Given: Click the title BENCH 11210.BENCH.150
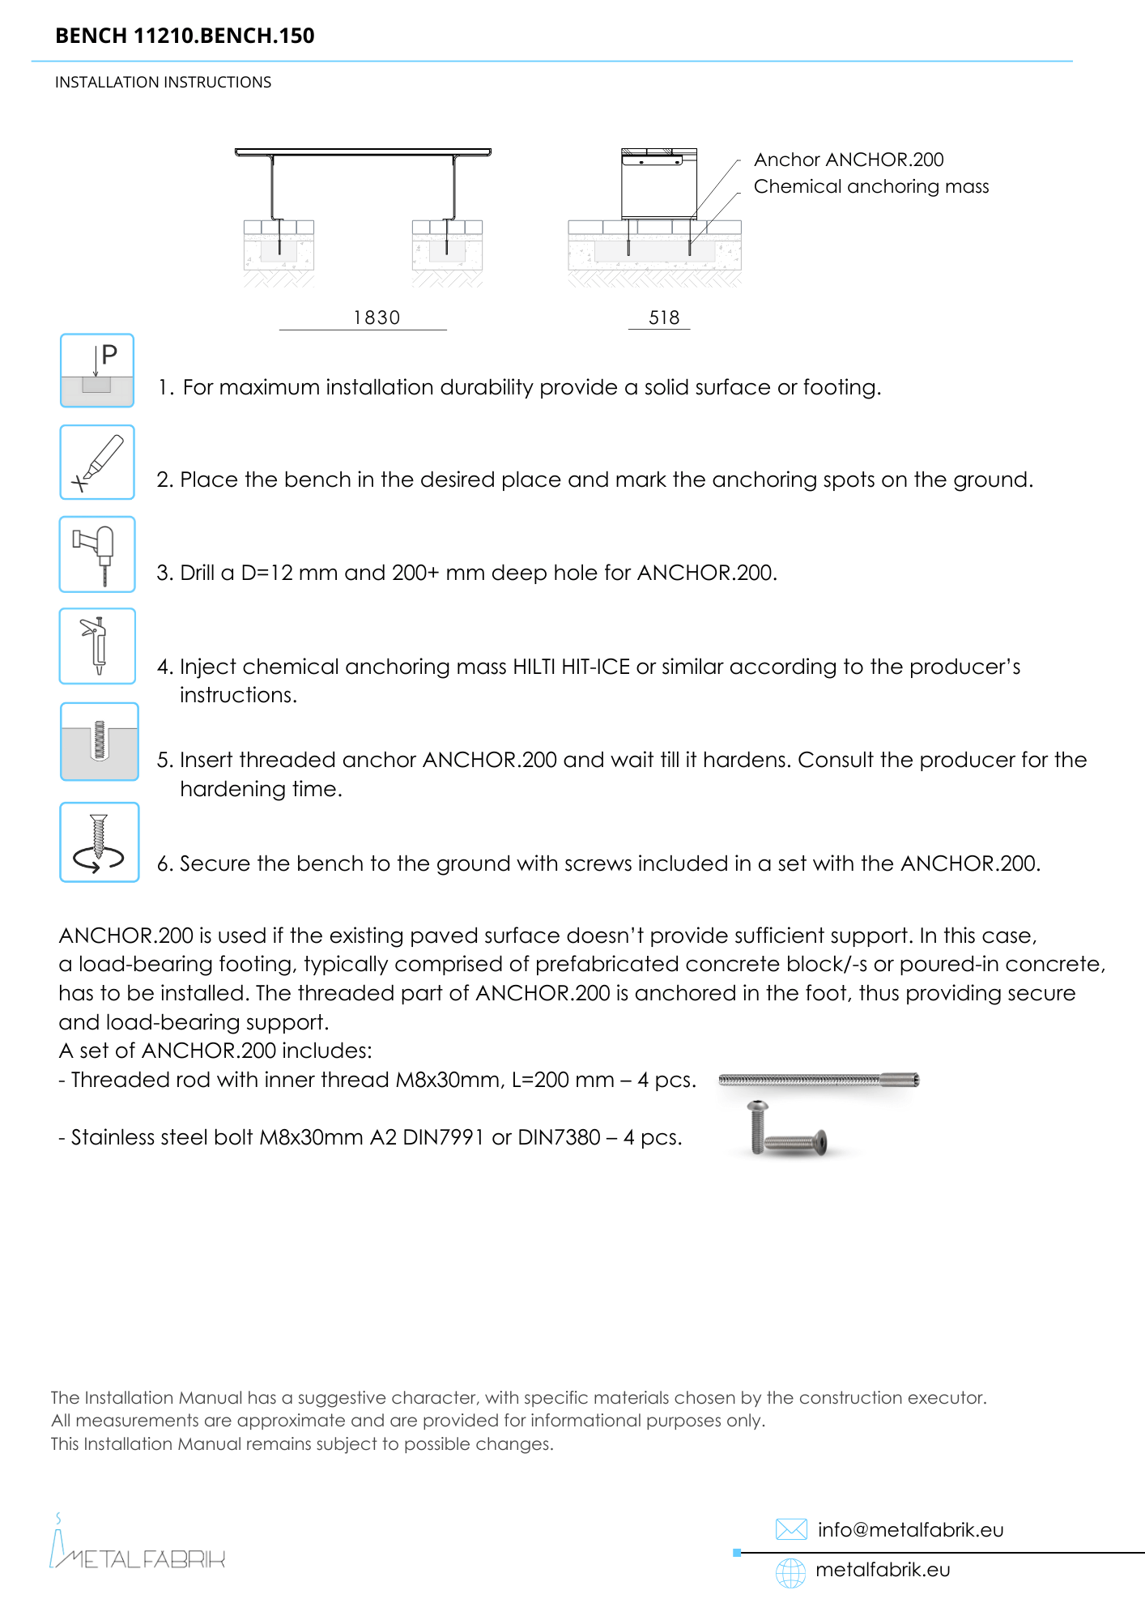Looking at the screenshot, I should [x=185, y=36].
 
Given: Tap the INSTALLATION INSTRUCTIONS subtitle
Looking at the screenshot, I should [x=163, y=83].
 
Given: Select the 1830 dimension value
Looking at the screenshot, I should [x=377, y=318].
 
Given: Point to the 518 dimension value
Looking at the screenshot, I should [x=664, y=318].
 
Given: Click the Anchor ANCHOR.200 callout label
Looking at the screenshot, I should [x=849, y=160].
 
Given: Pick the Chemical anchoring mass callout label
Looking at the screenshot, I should [x=871, y=186].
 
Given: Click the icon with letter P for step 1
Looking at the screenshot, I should [x=97, y=370].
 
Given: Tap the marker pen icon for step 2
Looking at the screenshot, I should [x=97, y=463].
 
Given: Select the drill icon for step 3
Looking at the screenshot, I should [x=97, y=554].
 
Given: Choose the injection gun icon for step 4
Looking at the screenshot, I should [x=97, y=646].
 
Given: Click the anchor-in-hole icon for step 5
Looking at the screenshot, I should [x=100, y=741].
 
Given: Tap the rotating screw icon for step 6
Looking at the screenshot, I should [x=100, y=842].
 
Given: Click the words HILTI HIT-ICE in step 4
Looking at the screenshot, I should [x=571, y=667].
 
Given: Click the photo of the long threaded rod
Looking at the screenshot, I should [x=819, y=1080].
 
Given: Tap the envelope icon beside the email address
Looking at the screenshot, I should [x=791, y=1529].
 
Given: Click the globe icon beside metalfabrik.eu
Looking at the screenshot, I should [x=791, y=1572].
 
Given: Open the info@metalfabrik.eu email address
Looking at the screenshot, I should [x=910, y=1529].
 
